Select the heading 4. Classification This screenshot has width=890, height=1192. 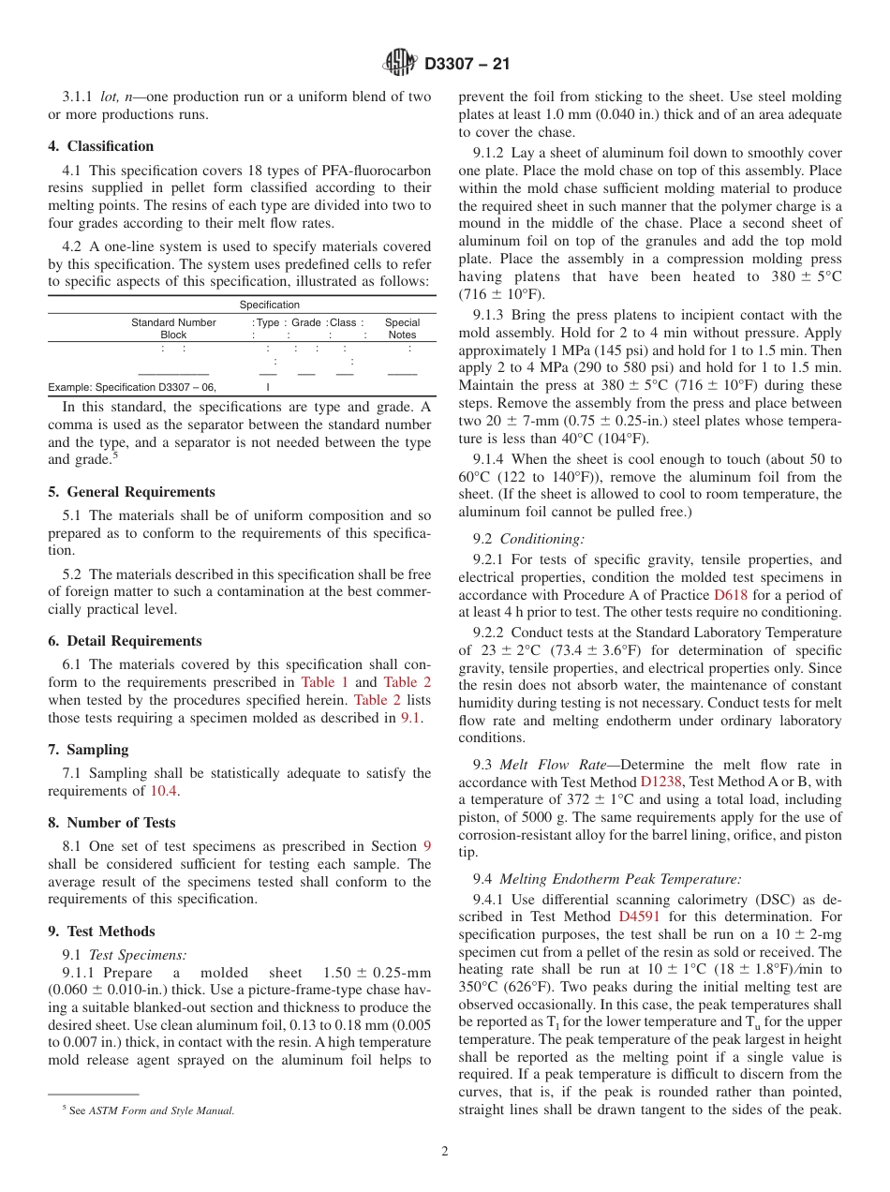(x=101, y=146)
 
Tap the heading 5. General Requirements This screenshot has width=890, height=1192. (x=132, y=492)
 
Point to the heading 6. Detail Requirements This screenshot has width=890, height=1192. (x=126, y=641)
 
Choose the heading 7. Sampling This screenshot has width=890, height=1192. (x=89, y=750)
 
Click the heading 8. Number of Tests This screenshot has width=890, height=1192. (x=112, y=823)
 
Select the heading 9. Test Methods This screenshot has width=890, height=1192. (x=102, y=931)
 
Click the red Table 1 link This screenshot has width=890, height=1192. (x=324, y=682)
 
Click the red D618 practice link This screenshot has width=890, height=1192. (x=731, y=595)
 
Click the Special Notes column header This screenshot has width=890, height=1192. (x=402, y=328)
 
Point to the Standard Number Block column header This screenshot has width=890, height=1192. (x=173, y=328)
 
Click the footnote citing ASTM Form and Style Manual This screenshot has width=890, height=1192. (x=148, y=1110)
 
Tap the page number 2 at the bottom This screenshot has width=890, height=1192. (x=445, y=1152)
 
